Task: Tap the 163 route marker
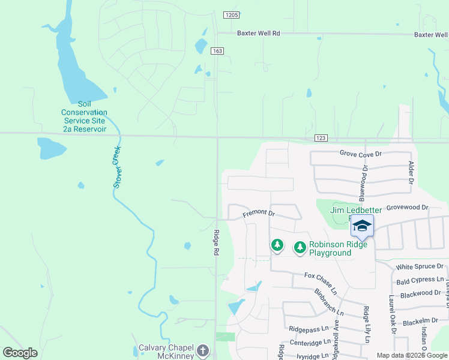217,51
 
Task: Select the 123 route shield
321,138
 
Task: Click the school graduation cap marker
362,226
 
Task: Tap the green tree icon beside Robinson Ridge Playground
300,247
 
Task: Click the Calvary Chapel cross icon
203,350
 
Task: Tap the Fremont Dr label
259,213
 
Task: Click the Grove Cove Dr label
360,154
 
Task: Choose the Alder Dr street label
412,172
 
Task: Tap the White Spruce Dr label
420,266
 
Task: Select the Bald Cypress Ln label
420,280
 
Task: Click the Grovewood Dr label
408,208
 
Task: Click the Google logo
20,353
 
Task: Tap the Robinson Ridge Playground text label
330,248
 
